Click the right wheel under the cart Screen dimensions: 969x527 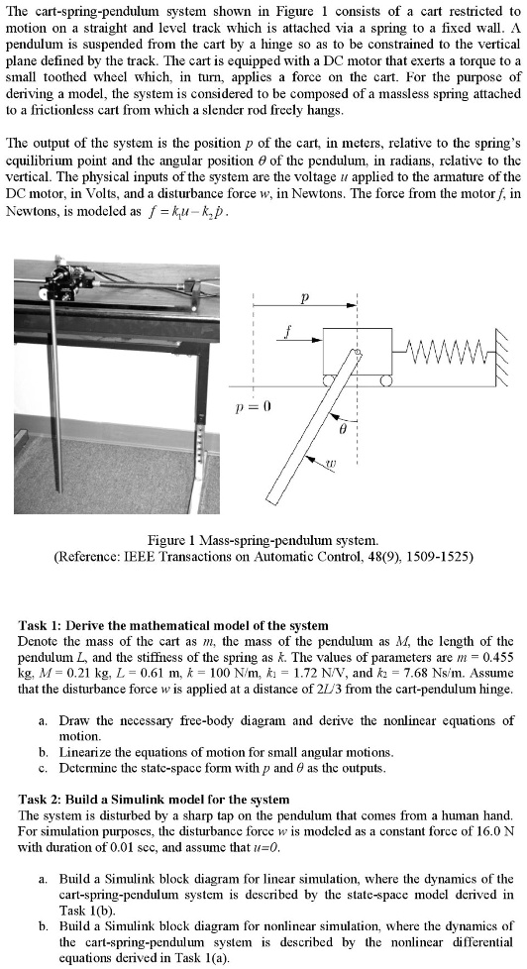coord(385,378)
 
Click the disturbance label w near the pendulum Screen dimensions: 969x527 coord(334,461)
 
